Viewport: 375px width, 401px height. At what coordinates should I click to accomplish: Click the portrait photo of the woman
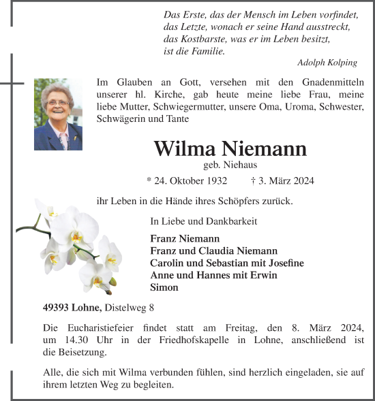58,114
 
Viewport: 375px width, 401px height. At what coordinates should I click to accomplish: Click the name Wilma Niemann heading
230,149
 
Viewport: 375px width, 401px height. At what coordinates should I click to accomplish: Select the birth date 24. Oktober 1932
187,181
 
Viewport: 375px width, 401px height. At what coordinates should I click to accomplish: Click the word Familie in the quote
203,51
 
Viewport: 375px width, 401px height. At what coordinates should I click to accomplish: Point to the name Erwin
262,275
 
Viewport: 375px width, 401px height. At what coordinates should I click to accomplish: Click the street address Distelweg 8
130,307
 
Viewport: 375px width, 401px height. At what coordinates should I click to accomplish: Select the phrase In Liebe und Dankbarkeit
204,221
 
